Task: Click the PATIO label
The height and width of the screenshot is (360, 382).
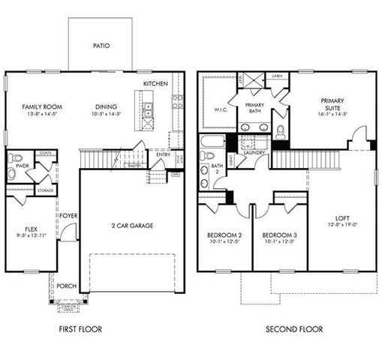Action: point(101,46)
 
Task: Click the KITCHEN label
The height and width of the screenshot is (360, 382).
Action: point(155,83)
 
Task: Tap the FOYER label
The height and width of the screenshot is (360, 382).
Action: point(68,216)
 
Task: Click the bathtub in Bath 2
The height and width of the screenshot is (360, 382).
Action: point(212,140)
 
